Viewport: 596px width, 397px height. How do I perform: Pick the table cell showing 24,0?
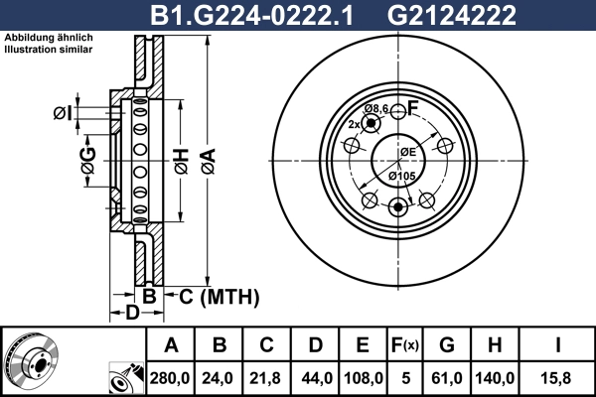click(x=220, y=377)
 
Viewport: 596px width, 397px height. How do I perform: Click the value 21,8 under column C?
click(x=267, y=377)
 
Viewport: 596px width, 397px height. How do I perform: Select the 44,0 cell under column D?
click(x=315, y=377)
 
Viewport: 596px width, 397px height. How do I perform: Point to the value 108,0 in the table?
click(x=363, y=377)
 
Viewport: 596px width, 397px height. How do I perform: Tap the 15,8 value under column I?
click(x=558, y=377)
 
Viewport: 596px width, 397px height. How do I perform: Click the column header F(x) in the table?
click(x=405, y=345)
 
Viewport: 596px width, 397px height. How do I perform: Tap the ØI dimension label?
click(x=62, y=113)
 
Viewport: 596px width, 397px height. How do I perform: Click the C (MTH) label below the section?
click(x=219, y=296)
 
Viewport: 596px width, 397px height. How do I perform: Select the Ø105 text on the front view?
click(x=401, y=176)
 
